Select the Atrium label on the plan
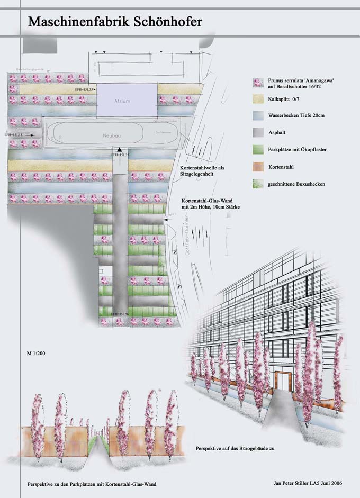coord(122,100)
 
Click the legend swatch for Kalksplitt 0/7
coord(258,98)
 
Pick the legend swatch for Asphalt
coord(258,133)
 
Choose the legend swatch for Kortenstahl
coord(258,167)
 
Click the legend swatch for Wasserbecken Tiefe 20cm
coord(258,115)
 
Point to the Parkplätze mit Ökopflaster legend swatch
coord(258,150)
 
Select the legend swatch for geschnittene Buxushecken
coord(258,184)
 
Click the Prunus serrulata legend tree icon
coord(258,82)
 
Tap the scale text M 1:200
coord(37,352)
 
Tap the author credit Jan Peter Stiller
coord(292,484)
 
